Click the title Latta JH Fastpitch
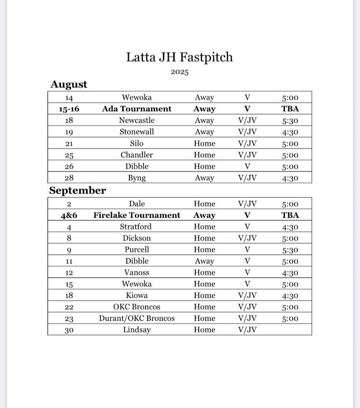tap(179, 57)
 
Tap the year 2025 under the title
tap(179, 72)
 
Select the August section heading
tap(69, 84)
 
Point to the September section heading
tap(77, 190)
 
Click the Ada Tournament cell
tap(137, 109)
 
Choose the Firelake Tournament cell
tap(137, 215)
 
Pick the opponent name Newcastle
tap(137, 120)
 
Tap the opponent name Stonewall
tap(137, 132)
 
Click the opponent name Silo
tap(137, 143)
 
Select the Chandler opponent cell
tap(137, 155)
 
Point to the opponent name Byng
tap(137, 178)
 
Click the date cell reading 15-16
tap(69, 109)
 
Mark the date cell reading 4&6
tap(69, 215)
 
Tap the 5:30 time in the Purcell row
tap(290, 250)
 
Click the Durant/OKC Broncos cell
tap(137, 318)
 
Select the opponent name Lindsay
tap(137, 330)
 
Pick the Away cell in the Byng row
tap(204, 178)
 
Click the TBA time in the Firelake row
tap(290, 215)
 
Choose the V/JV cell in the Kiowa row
tap(247, 296)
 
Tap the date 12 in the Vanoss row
tap(69, 273)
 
